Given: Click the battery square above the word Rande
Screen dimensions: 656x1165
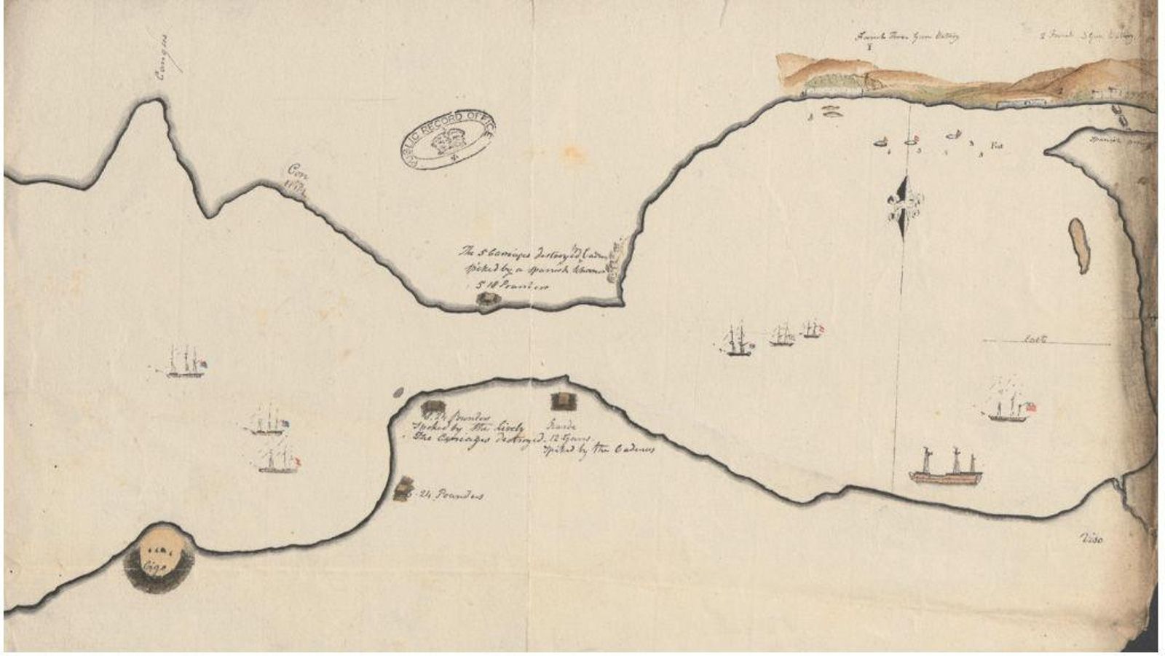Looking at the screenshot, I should [x=562, y=400].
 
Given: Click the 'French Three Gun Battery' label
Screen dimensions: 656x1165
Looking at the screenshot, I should [x=907, y=36].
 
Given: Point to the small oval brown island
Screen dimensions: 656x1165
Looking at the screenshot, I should [x=1079, y=245].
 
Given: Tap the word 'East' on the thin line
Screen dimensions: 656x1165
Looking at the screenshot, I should [x=1035, y=339].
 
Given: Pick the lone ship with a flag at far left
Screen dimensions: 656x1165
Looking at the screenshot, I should [x=185, y=363].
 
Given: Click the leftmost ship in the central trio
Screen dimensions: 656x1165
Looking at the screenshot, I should [x=738, y=342].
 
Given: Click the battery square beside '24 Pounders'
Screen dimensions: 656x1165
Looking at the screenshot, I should [x=403, y=488].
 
